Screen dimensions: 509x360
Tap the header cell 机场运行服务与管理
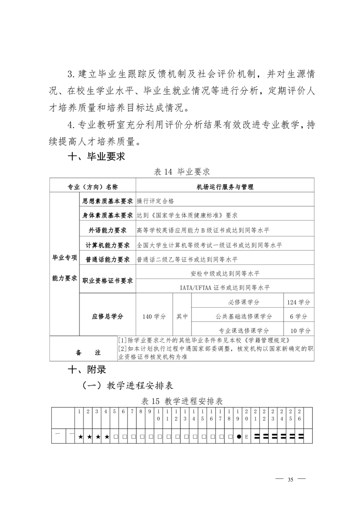tap(225, 186)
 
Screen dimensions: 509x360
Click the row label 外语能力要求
tap(107, 230)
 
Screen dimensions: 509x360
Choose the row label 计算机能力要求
tap(107, 245)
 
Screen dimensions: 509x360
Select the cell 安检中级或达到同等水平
tap(225, 273)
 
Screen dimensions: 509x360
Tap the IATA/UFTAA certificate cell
tap(225, 288)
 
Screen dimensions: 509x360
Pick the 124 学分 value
tap(298, 302)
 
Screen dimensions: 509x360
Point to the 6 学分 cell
tap(298, 316)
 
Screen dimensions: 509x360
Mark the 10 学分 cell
tap(298, 330)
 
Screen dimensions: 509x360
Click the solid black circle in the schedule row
tap(238, 437)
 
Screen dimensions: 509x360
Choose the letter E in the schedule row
tap(247, 437)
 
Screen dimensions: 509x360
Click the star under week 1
tap(80, 437)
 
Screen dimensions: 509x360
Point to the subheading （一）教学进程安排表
tap(128, 386)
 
